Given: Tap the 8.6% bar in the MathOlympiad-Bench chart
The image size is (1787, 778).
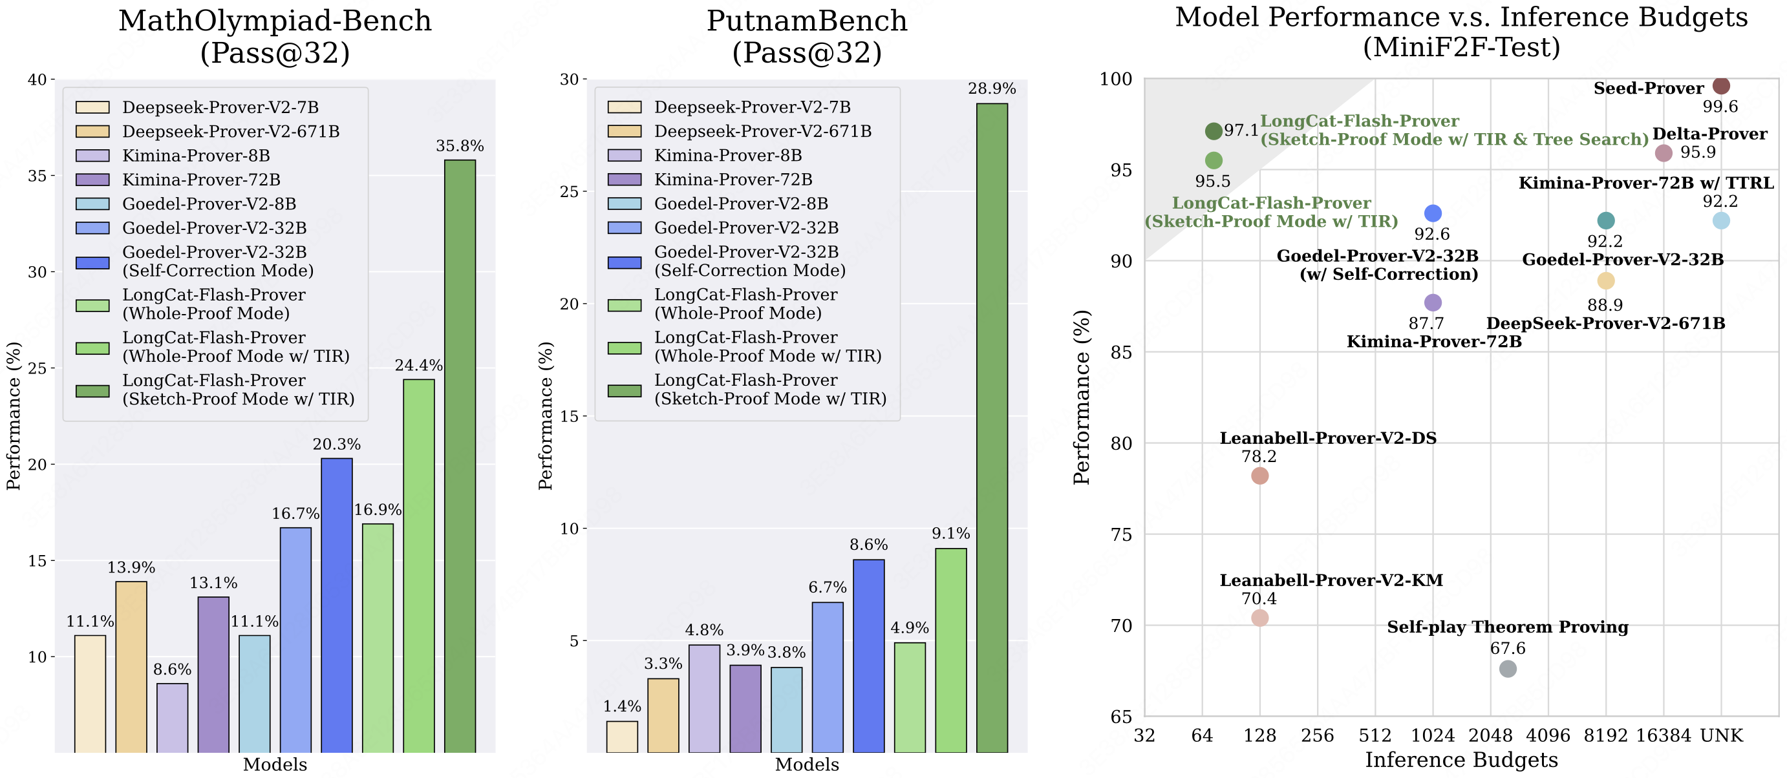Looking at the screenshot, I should coord(172,717).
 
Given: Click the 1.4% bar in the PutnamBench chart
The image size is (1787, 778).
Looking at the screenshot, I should coord(621,737).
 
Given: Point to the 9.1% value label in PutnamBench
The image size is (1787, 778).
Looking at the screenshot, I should coord(950,533).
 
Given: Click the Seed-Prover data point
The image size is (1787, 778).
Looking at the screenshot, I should coord(1721,86).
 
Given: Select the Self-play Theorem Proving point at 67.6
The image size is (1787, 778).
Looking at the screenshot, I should coord(1508,668).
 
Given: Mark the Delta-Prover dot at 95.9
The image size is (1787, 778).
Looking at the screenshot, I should coord(1664,153).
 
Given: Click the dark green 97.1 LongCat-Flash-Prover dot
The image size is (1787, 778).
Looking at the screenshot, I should coord(1214,131).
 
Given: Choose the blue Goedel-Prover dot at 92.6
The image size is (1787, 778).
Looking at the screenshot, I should coord(1433,213).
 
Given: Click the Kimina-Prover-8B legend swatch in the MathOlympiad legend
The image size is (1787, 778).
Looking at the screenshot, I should coord(92,155).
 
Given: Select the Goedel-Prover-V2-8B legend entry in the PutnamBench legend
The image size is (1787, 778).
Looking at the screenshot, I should coord(741,203).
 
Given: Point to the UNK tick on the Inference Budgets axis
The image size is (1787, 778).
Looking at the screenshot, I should coord(1721,735).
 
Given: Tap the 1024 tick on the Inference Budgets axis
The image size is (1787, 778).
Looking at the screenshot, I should coord(1433,735).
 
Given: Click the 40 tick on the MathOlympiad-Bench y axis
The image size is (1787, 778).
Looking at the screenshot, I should coord(37,79).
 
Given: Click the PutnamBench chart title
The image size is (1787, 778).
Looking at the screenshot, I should coord(807,36).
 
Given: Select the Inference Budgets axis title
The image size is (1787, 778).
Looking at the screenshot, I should coord(1461,760).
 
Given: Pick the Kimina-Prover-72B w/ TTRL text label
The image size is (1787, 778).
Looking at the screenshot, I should coord(1645,183).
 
